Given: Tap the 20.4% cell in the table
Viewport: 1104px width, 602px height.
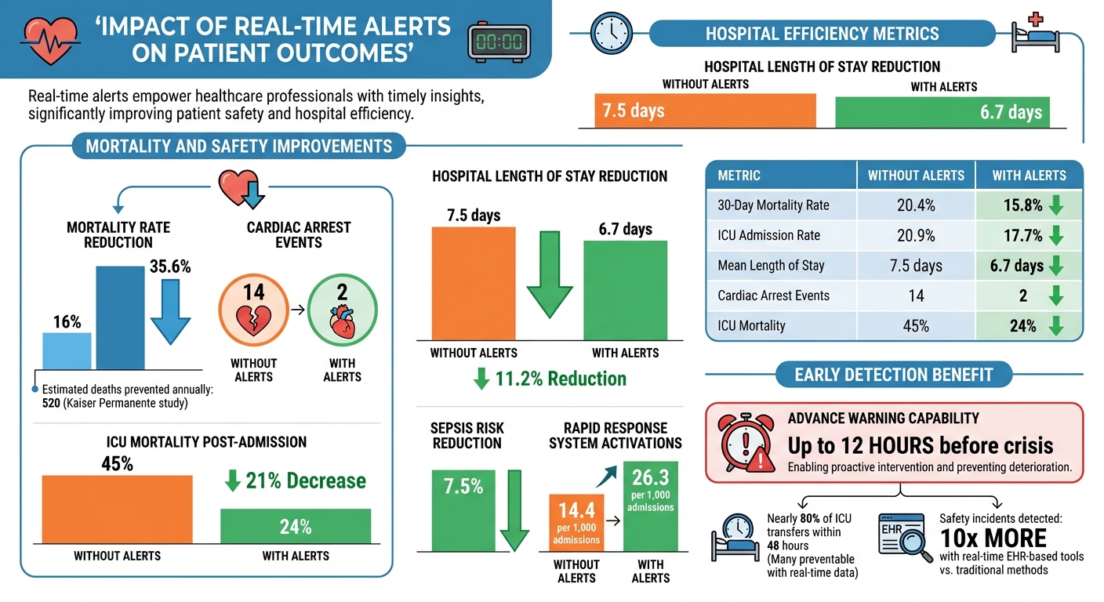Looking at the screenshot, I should pyautogui.click(x=916, y=205).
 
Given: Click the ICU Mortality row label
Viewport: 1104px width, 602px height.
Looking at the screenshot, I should pyautogui.click(x=751, y=325).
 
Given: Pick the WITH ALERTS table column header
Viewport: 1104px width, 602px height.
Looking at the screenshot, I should pyautogui.click(x=1029, y=176).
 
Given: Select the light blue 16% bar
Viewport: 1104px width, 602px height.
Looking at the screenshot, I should pyautogui.click(x=66, y=350).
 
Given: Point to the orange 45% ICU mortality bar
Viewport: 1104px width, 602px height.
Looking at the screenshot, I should pyautogui.click(x=117, y=509).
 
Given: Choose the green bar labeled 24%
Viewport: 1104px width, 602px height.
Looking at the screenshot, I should pyautogui.click(x=295, y=526).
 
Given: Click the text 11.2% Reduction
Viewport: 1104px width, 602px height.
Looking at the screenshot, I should pyautogui.click(x=561, y=379).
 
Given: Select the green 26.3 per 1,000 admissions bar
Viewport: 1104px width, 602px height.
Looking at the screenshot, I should pyautogui.click(x=650, y=506).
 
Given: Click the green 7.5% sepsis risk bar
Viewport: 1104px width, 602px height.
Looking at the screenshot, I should pyautogui.click(x=463, y=510).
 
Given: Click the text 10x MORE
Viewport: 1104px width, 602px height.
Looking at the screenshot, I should pyautogui.click(x=993, y=538).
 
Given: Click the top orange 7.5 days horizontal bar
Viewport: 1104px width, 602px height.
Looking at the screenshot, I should pyautogui.click(x=697, y=111).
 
